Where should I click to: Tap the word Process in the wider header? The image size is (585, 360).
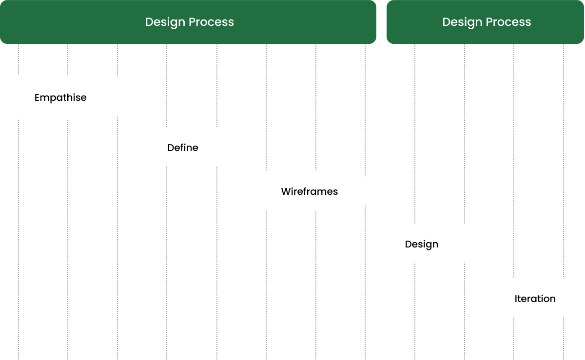tap(213, 22)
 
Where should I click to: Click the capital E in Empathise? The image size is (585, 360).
tap(37, 98)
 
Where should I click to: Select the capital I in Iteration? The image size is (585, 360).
tap(516, 299)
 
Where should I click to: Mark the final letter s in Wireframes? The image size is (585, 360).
tap(335, 192)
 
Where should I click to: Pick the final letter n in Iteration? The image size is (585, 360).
tap(552, 299)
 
